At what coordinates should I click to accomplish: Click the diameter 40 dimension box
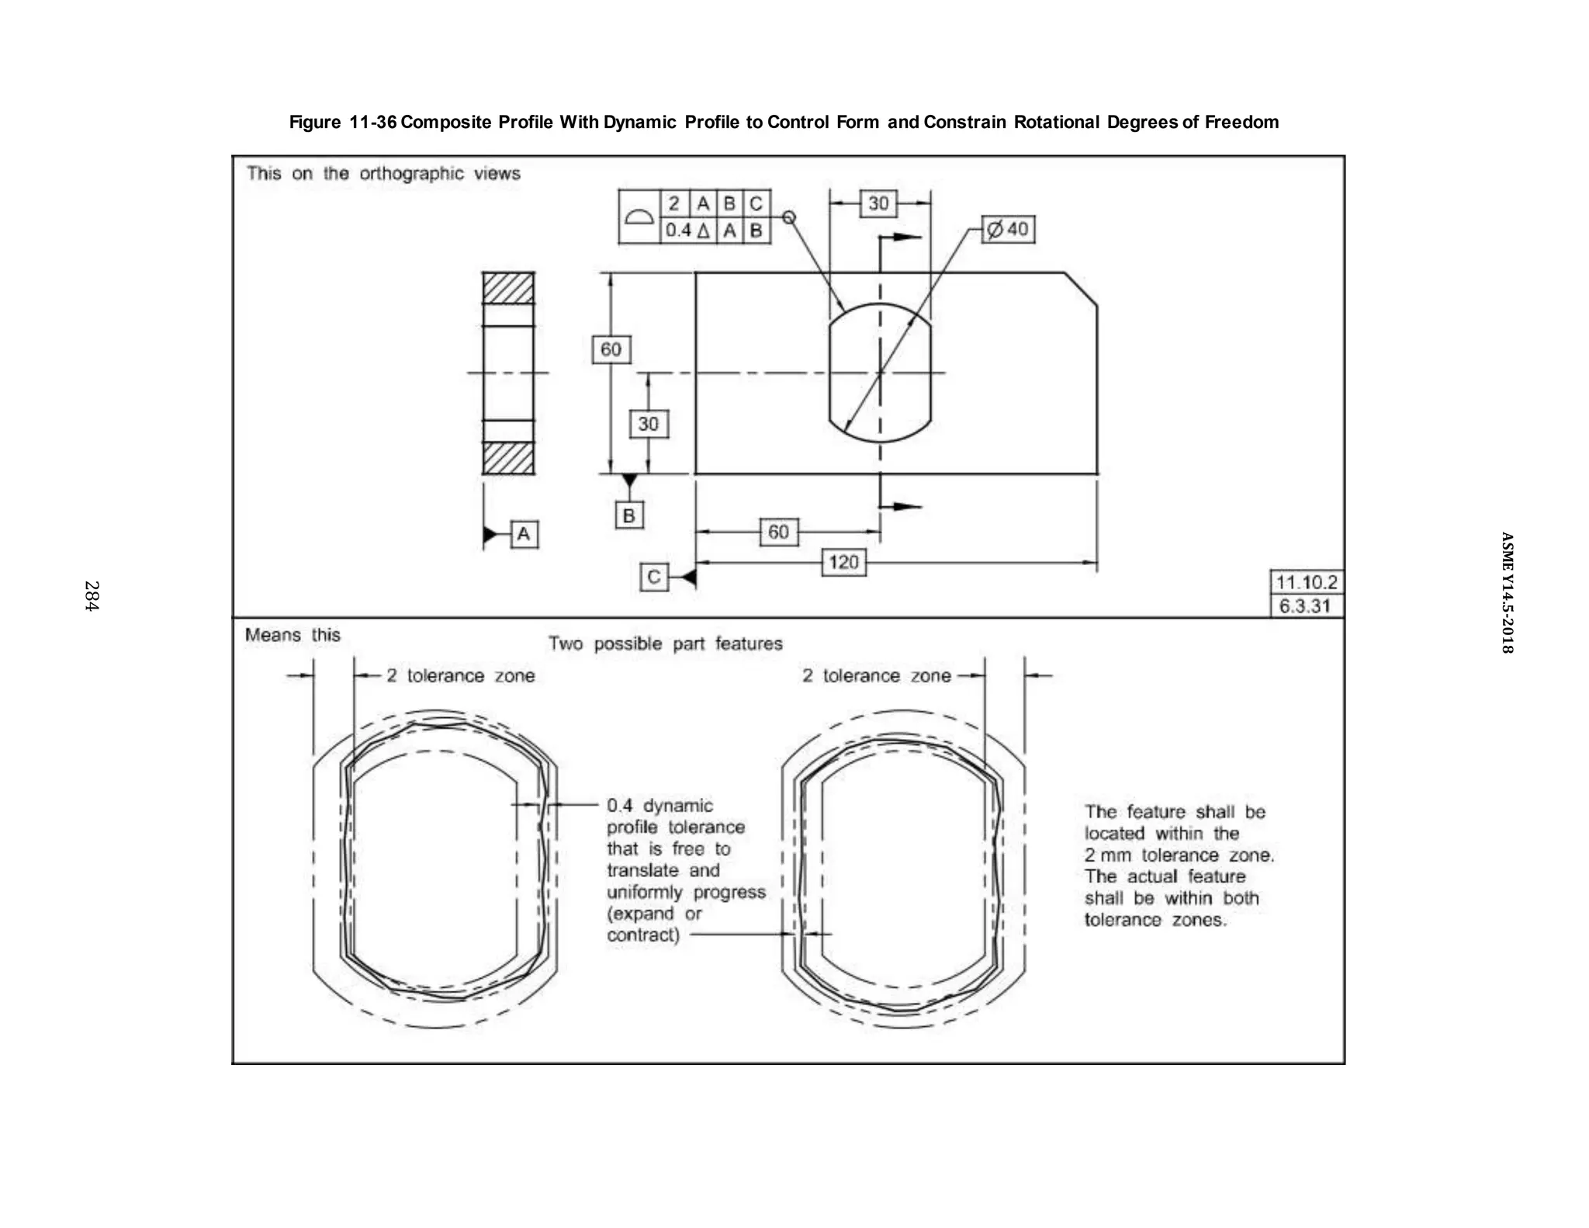pyautogui.click(x=1008, y=230)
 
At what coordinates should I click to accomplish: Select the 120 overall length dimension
pyautogui.click(x=843, y=562)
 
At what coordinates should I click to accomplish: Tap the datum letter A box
pyautogui.click(x=524, y=534)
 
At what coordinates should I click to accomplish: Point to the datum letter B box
pyautogui.click(x=629, y=515)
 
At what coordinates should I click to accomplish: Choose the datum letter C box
pyautogui.click(x=653, y=578)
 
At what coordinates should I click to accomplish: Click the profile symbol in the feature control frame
pyautogui.click(x=639, y=217)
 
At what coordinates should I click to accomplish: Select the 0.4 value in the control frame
pyautogui.click(x=678, y=231)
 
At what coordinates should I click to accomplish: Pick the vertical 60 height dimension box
pyautogui.click(x=611, y=349)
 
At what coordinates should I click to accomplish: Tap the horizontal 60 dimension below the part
pyautogui.click(x=778, y=532)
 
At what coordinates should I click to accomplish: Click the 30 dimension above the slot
pyautogui.click(x=878, y=203)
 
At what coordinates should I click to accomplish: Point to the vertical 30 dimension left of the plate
pyautogui.click(x=648, y=424)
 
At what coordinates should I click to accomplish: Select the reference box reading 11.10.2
pyautogui.click(x=1307, y=582)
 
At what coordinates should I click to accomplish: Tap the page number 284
pyautogui.click(x=92, y=596)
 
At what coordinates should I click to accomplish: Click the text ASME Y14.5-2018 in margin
pyautogui.click(x=1506, y=592)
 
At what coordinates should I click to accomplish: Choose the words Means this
pyautogui.click(x=293, y=635)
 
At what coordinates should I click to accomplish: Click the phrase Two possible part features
pyautogui.click(x=665, y=643)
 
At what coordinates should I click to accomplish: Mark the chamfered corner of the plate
pyautogui.click(x=1081, y=289)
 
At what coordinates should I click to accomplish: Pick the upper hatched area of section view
pyautogui.click(x=508, y=288)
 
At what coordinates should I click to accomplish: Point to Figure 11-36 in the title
pyautogui.click(x=343, y=122)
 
